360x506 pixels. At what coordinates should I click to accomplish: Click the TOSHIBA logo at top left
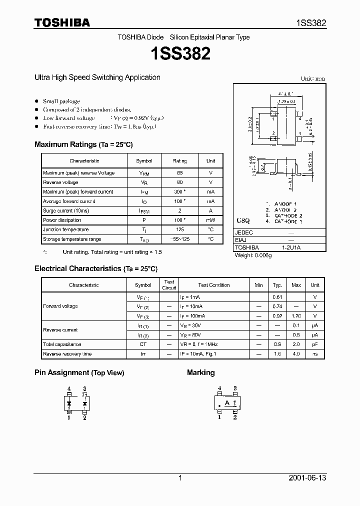(x=62, y=22)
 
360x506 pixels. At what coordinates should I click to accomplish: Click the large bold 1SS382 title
(x=179, y=53)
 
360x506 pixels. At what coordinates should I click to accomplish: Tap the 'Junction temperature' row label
(x=65, y=229)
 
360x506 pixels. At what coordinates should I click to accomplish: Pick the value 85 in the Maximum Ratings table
(x=179, y=173)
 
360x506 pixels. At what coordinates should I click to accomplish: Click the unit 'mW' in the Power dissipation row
(x=210, y=220)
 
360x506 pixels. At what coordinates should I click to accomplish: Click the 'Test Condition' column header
(x=213, y=285)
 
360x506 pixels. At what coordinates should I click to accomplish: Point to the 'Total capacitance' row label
(x=62, y=344)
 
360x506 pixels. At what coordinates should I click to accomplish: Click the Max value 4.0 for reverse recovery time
(x=296, y=354)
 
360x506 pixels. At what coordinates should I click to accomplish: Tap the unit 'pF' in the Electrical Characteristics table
(x=314, y=344)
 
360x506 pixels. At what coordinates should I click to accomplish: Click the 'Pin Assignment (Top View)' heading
(x=79, y=372)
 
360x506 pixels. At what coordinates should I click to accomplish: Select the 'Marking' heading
(x=200, y=372)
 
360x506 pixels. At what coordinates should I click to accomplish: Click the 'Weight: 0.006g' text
(x=253, y=255)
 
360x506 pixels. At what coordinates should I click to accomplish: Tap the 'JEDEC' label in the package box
(x=244, y=232)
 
